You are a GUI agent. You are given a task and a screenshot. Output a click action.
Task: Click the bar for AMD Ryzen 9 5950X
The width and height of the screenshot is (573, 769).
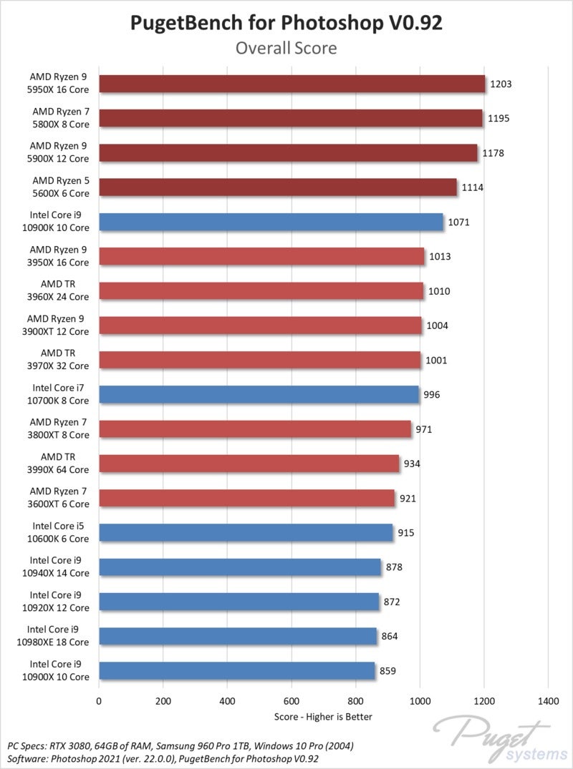pos(292,84)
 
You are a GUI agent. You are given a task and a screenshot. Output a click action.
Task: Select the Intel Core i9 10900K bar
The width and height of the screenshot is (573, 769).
pos(271,222)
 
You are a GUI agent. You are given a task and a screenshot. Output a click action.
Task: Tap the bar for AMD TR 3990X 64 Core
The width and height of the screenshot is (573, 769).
pos(249,464)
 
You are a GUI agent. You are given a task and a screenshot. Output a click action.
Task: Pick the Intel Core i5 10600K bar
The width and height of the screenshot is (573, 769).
pos(246,532)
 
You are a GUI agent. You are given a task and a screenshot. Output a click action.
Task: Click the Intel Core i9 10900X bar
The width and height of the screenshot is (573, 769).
pos(236,670)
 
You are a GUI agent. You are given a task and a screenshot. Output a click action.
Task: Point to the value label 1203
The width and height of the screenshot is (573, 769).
pos(501,84)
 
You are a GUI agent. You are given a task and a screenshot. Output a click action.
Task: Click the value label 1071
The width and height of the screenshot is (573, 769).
pos(459,222)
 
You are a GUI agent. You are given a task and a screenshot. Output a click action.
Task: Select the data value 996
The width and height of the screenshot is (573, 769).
pos(432,395)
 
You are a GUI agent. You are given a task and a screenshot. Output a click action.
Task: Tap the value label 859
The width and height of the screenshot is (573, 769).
pos(387,671)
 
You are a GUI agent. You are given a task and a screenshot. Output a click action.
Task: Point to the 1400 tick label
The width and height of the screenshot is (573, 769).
pos(548,701)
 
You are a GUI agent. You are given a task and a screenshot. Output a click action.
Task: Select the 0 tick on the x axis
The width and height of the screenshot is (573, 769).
pos(99,701)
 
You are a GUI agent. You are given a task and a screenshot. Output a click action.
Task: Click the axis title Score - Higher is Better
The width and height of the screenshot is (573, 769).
pos(323,716)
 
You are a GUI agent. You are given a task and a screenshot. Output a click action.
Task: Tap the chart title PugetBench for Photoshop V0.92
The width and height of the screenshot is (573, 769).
pos(286,23)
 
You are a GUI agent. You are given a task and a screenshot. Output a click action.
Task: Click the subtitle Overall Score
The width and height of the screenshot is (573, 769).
pos(286,49)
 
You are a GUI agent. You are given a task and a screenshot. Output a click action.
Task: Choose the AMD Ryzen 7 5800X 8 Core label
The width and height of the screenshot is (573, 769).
pos(60,118)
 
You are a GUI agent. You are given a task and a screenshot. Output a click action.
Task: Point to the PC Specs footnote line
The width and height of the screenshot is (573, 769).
pos(179,745)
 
